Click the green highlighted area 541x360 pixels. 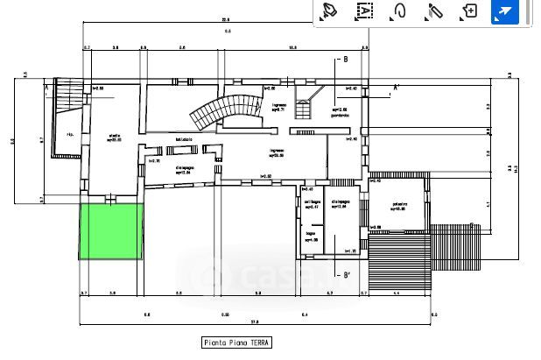[x=111, y=231]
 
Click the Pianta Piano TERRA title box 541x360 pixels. [x=236, y=343]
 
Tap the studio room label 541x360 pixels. [x=114, y=136]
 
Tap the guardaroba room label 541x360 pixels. [x=341, y=114]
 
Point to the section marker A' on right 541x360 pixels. [x=397, y=88]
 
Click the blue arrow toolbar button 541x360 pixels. [x=505, y=11]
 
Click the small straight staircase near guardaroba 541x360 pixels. [x=306, y=108]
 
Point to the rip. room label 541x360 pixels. [x=70, y=134]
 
